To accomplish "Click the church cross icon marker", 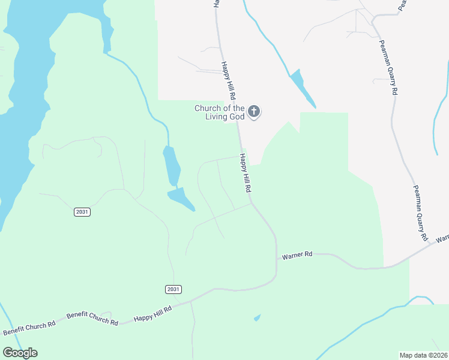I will click(x=254, y=111).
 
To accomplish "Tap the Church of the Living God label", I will click(x=220, y=112).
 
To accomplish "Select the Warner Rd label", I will click(x=297, y=255).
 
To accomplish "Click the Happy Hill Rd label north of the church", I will click(x=228, y=80).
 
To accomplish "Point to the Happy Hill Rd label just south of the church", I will click(x=245, y=173).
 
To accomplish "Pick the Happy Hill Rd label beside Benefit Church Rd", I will click(x=152, y=313).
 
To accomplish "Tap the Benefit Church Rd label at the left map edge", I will click(x=29, y=327).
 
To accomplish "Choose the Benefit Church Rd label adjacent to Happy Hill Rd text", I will click(x=92, y=318).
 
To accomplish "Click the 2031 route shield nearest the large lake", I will click(x=82, y=212).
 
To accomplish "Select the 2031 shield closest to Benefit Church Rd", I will click(x=173, y=289).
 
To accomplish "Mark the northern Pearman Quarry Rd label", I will click(x=388, y=68).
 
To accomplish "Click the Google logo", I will click(x=20, y=353).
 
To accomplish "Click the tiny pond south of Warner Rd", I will click(x=258, y=317).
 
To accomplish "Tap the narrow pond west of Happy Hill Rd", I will click(x=171, y=165).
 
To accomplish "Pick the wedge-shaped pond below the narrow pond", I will click(x=181, y=198).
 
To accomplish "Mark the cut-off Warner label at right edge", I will click(x=442, y=238).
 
